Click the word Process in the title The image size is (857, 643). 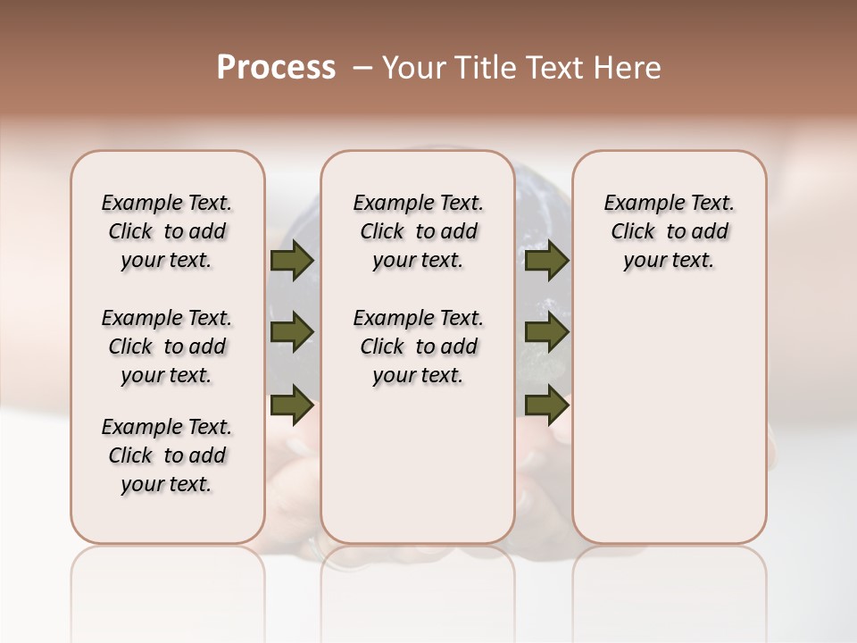[x=276, y=68]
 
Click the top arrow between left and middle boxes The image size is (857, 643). [x=292, y=261]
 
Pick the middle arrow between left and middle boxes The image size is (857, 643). [x=292, y=333]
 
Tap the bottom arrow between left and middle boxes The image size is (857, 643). [x=292, y=405]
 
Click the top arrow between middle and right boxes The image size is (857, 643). [x=546, y=261]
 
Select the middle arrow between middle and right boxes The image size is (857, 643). [x=546, y=333]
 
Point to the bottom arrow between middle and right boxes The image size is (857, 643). [x=546, y=405]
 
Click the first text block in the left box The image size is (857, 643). [x=167, y=231]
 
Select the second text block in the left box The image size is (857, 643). [x=167, y=347]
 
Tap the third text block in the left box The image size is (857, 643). [x=167, y=455]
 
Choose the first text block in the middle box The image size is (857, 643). [x=418, y=231]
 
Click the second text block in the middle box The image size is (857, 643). [x=418, y=347]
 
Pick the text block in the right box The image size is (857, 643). [x=669, y=231]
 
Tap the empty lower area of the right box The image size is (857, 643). [x=669, y=411]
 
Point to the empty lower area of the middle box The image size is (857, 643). [x=418, y=464]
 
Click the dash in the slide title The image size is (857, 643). [x=362, y=68]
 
